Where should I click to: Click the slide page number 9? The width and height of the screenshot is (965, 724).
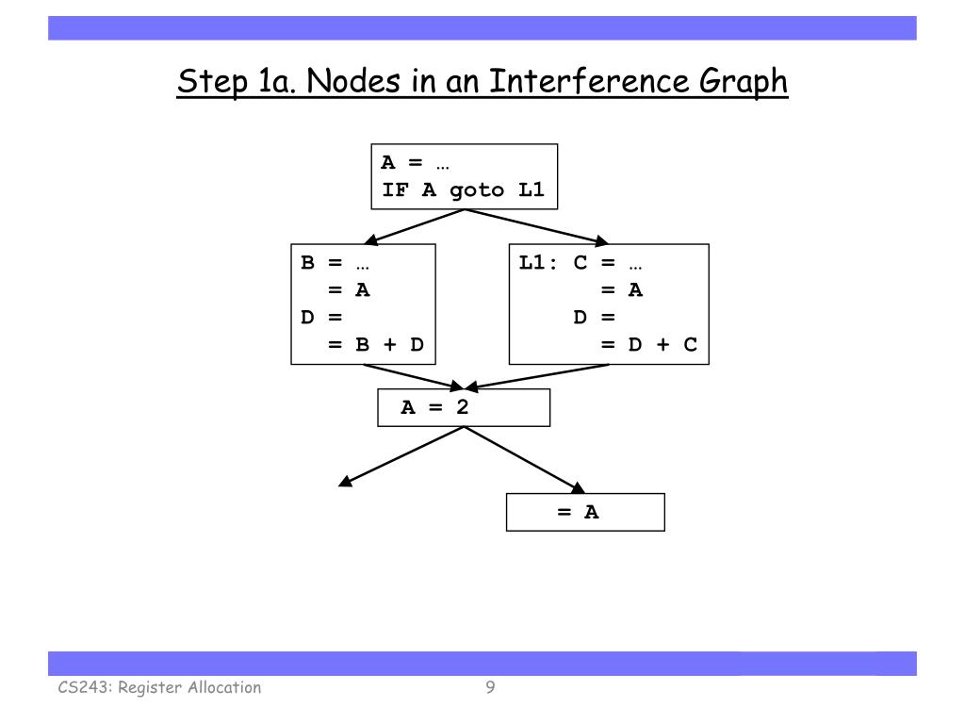click(490, 687)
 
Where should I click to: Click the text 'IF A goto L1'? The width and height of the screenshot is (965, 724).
click(463, 189)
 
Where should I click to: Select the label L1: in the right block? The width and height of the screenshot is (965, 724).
click(539, 263)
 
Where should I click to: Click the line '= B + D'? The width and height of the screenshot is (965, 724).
click(376, 345)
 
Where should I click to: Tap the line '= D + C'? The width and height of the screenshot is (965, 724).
click(649, 345)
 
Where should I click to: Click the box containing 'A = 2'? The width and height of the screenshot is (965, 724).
click(463, 408)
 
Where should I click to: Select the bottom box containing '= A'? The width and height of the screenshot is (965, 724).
click(585, 512)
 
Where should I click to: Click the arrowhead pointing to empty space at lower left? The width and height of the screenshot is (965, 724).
click(345, 483)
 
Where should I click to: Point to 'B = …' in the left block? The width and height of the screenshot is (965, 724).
click(321, 263)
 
